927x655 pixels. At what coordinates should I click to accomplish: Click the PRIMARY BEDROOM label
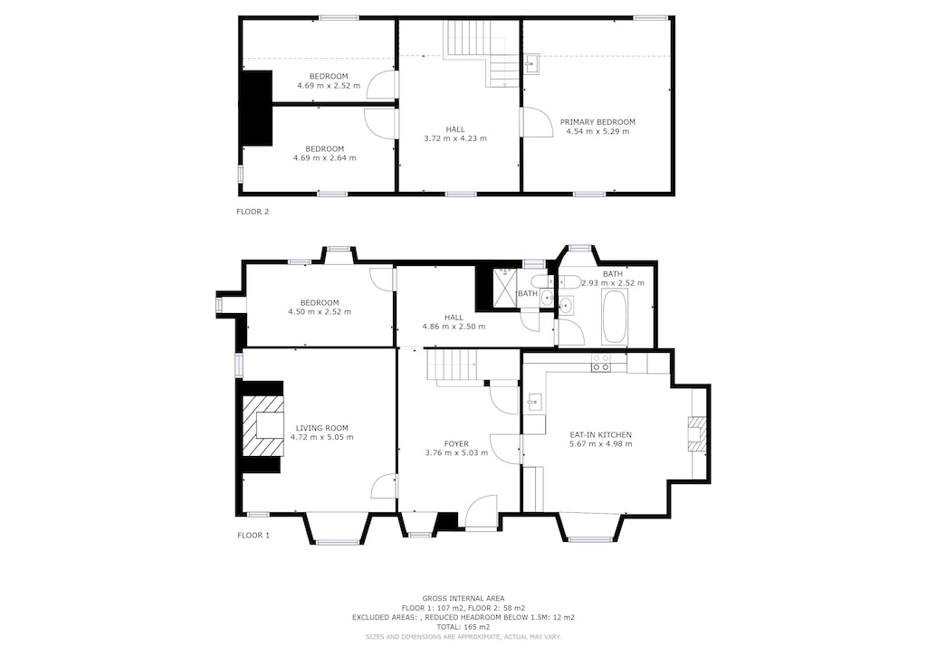pos(597,122)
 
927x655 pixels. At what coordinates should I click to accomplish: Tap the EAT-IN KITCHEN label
pos(600,435)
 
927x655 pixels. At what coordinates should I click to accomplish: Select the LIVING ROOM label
pos(321,428)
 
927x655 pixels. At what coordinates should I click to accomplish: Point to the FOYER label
pos(456,444)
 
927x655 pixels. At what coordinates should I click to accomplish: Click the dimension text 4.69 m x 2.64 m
pos(324,158)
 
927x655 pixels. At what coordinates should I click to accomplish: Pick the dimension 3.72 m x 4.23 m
pos(454,138)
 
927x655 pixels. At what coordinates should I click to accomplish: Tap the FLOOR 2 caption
pos(253,212)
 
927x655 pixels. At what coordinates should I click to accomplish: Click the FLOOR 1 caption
pos(253,535)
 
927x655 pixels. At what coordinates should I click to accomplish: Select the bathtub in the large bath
pos(615,317)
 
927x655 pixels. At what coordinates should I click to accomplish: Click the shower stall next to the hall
pos(502,290)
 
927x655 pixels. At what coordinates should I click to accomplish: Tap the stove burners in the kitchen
pos(600,363)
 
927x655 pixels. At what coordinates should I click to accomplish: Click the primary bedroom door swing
pos(536,122)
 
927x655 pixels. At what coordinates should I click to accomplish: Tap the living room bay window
pos(337,529)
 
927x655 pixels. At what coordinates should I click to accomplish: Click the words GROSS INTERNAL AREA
pos(463,598)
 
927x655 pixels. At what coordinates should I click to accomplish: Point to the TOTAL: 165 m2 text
pos(463,626)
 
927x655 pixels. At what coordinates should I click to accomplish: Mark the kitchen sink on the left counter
pos(534,402)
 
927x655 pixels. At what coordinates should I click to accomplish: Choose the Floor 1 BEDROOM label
pos(320,302)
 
